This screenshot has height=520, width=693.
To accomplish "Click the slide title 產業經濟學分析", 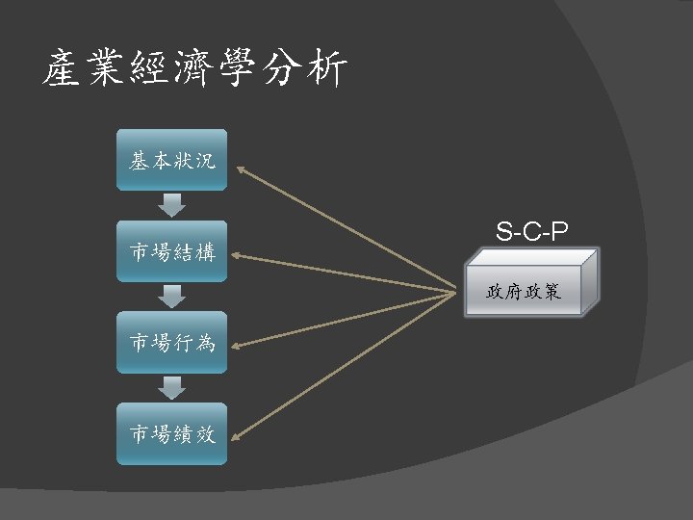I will click(193, 69).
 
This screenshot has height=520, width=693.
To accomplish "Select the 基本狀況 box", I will click(172, 161).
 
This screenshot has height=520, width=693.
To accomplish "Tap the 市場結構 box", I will click(172, 252).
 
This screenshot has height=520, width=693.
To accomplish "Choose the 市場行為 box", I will click(172, 343).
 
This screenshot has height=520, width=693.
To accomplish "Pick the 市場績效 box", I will click(172, 434).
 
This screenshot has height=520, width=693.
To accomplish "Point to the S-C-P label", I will click(532, 231).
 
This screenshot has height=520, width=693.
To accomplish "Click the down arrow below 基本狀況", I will click(172, 205).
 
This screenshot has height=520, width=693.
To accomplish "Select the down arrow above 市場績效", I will click(172, 388).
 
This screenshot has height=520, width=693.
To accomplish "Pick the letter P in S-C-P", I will click(559, 231).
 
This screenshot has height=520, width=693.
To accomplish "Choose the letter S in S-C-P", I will click(505, 231).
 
